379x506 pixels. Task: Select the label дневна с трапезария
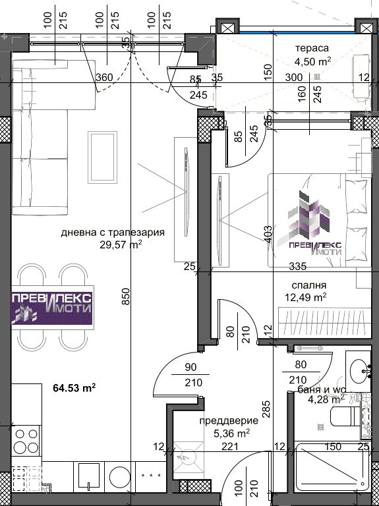tap(113, 233)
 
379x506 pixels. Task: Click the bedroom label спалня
tap(308, 285)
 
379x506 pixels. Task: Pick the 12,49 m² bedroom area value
tap(306, 297)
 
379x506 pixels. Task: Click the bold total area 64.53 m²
tap(74, 387)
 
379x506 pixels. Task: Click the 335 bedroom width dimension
tap(298, 267)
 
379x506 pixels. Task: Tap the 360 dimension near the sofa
tap(105, 78)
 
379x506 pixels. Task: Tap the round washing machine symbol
tap(119, 478)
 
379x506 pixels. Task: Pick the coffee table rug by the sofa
tap(102, 157)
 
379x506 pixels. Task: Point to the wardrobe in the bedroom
tap(324, 323)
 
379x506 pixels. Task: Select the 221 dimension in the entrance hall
tap(229, 447)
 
